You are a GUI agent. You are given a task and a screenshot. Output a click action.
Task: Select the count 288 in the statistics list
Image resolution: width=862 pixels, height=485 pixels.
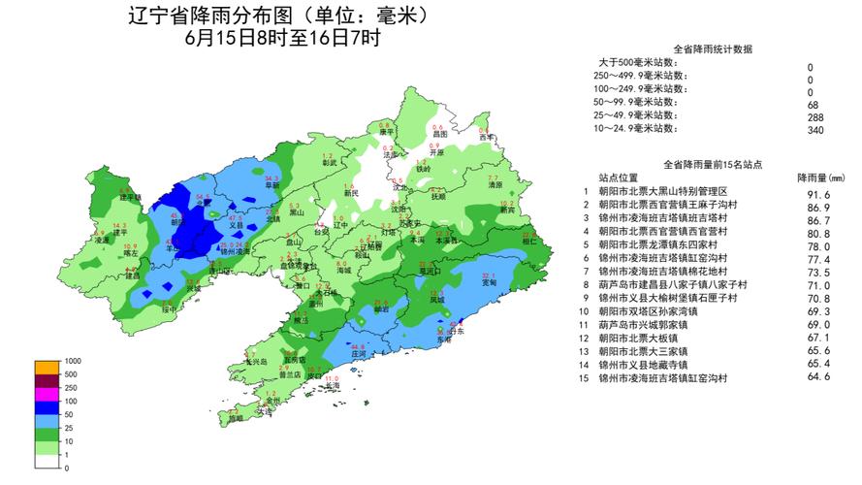pos(810,116)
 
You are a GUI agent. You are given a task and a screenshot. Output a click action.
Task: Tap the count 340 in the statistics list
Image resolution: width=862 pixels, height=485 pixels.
pos(810,129)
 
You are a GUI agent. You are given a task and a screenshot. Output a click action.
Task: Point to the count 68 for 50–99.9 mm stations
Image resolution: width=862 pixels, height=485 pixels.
pos(810,104)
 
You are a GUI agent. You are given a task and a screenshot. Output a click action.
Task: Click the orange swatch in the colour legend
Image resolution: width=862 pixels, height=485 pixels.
pos(47,367)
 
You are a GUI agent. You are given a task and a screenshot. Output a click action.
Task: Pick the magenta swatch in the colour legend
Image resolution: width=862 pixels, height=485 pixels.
pos(47,395)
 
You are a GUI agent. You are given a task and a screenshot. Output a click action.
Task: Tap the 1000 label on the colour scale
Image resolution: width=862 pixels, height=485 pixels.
pos(73,361)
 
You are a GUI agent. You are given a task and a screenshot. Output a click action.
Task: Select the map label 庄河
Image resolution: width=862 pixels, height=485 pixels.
pos(358,354)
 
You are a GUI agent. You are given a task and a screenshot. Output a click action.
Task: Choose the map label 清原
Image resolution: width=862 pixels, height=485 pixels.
pos(495,184)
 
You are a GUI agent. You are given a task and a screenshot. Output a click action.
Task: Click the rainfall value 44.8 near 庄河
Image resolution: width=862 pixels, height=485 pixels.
pos(358,346)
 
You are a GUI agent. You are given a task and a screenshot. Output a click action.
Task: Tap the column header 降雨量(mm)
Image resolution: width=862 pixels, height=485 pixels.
pos(820,178)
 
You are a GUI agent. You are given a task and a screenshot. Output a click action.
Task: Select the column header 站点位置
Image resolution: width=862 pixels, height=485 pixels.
pos(618,178)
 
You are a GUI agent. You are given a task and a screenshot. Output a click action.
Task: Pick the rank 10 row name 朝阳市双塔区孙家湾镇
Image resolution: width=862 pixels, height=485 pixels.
pos(649,311)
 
